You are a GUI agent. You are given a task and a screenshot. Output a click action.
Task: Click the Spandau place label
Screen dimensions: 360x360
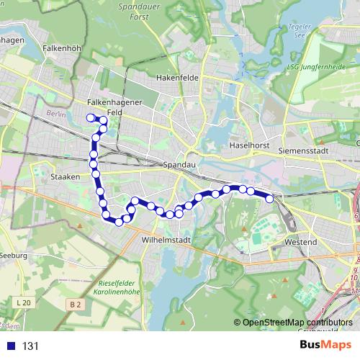click(179, 165)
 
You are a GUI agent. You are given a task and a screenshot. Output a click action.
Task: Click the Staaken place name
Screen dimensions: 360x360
click(65, 176)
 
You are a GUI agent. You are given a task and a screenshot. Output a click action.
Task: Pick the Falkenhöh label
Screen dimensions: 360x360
click(60, 48)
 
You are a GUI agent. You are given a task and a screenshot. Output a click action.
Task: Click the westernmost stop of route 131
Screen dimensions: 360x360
click(91, 117)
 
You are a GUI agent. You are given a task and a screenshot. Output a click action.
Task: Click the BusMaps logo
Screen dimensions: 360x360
click(325, 346)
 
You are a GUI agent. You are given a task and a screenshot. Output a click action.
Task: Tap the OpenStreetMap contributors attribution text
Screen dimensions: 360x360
click(292, 323)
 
